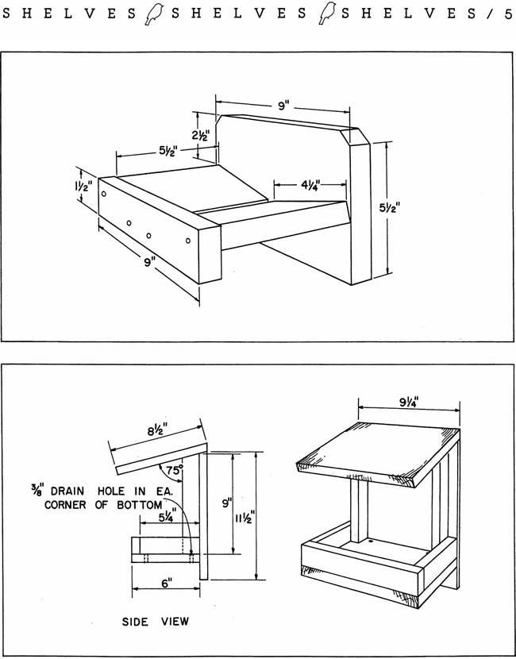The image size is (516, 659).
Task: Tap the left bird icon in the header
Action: click(x=153, y=13)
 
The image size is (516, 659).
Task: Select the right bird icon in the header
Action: click(x=325, y=13)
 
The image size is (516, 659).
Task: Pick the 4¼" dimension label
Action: click(x=310, y=186)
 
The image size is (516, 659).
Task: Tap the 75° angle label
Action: click(x=175, y=469)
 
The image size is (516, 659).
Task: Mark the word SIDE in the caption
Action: click(x=136, y=621)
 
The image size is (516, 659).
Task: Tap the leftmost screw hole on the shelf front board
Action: click(x=104, y=195)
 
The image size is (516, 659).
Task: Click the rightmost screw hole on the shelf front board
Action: click(x=188, y=240)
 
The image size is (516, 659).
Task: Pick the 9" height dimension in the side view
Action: click(x=225, y=503)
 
